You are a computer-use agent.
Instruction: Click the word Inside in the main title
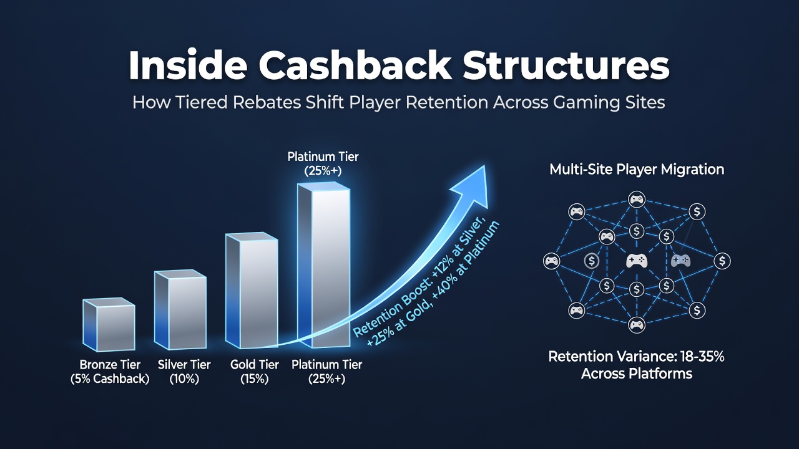click(x=188, y=65)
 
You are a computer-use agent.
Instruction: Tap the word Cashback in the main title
click(x=355, y=65)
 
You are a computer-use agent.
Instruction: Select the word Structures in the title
click(x=566, y=65)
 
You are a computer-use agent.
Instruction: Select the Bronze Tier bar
click(x=109, y=324)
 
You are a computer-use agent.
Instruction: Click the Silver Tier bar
click(x=180, y=309)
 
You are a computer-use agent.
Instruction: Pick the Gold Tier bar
click(x=252, y=291)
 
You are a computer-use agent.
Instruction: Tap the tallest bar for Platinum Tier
click(x=323, y=265)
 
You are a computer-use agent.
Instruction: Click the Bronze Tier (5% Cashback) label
click(x=110, y=372)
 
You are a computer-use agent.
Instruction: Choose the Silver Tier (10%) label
click(x=184, y=372)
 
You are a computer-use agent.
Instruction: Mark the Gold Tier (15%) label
click(x=254, y=372)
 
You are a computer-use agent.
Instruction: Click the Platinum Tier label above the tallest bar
click(x=323, y=163)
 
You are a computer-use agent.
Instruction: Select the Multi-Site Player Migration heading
click(x=637, y=169)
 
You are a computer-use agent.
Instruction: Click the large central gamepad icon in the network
click(x=637, y=261)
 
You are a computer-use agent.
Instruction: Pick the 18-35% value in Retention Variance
click(x=702, y=356)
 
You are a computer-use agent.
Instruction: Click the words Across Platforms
click(x=637, y=374)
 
